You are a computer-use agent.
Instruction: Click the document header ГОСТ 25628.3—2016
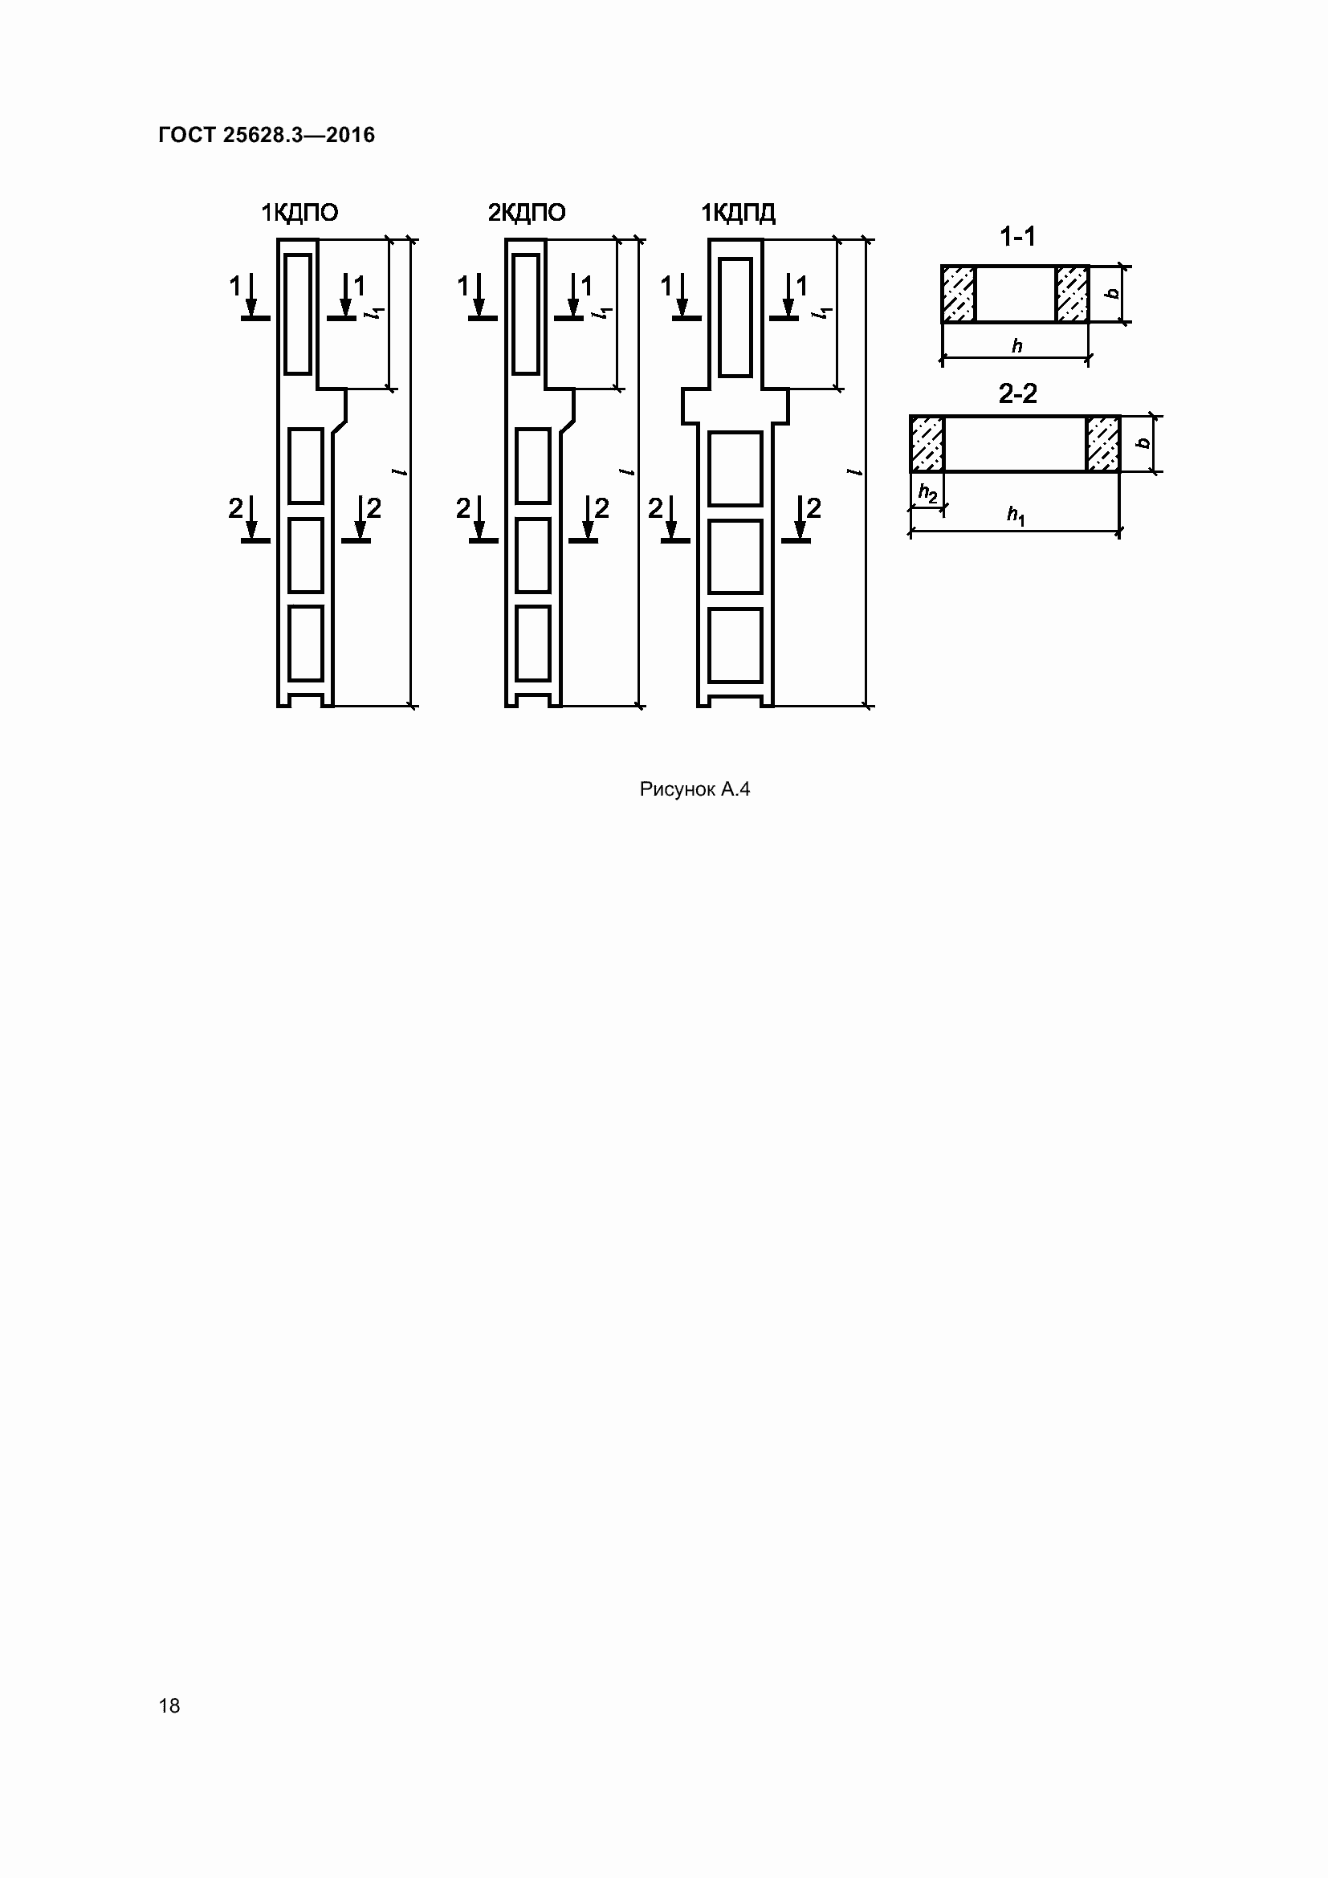pos(267,135)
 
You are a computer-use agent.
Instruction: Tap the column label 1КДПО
pos(299,214)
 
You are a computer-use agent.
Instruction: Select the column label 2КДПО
pos(527,214)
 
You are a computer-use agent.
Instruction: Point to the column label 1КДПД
pos(739,214)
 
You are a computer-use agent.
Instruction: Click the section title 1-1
pos(1017,237)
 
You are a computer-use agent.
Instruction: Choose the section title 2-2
pos(1017,394)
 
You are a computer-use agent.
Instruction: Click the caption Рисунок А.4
pos(695,789)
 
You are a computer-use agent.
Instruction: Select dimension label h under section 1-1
pos(1016,346)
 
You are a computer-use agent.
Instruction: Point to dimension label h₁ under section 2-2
pos(1016,515)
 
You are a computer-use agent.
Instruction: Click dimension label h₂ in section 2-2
pos(927,492)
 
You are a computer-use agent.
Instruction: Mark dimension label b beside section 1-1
pos(1111,293)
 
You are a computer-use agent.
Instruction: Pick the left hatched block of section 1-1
pos(959,295)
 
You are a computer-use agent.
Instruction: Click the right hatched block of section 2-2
pos(1103,444)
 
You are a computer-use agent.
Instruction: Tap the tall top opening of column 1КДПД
pos(735,317)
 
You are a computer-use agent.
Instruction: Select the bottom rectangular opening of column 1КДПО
pos(306,643)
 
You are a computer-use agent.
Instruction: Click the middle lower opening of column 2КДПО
pos(533,556)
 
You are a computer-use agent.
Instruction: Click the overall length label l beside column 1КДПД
pos(853,472)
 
